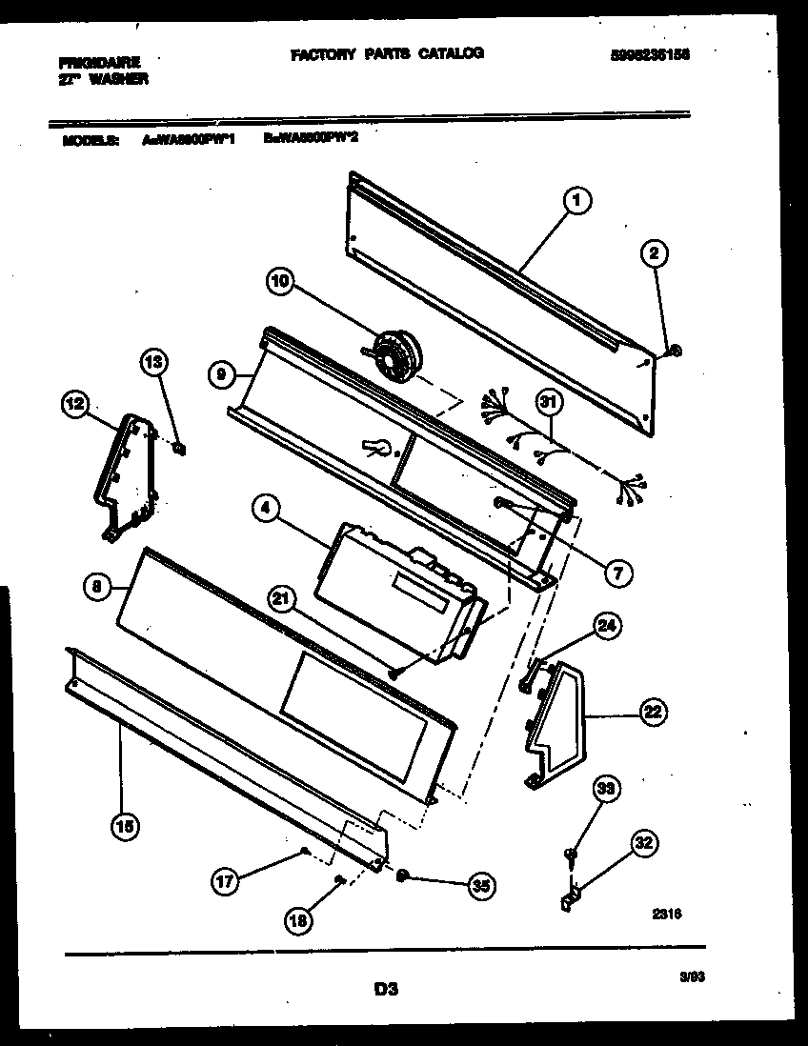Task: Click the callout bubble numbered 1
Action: [x=577, y=201]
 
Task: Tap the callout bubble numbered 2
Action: [x=655, y=253]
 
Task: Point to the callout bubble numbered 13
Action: [x=153, y=361]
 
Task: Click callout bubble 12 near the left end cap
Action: [x=75, y=405]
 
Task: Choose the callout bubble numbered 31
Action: [x=548, y=402]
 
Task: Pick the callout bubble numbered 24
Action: [x=606, y=626]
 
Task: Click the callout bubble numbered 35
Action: [x=483, y=885]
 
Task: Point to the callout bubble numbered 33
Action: [x=604, y=788]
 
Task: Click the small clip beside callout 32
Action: [x=571, y=897]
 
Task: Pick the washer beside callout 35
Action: [x=403, y=875]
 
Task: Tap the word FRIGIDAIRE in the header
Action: [x=99, y=63]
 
